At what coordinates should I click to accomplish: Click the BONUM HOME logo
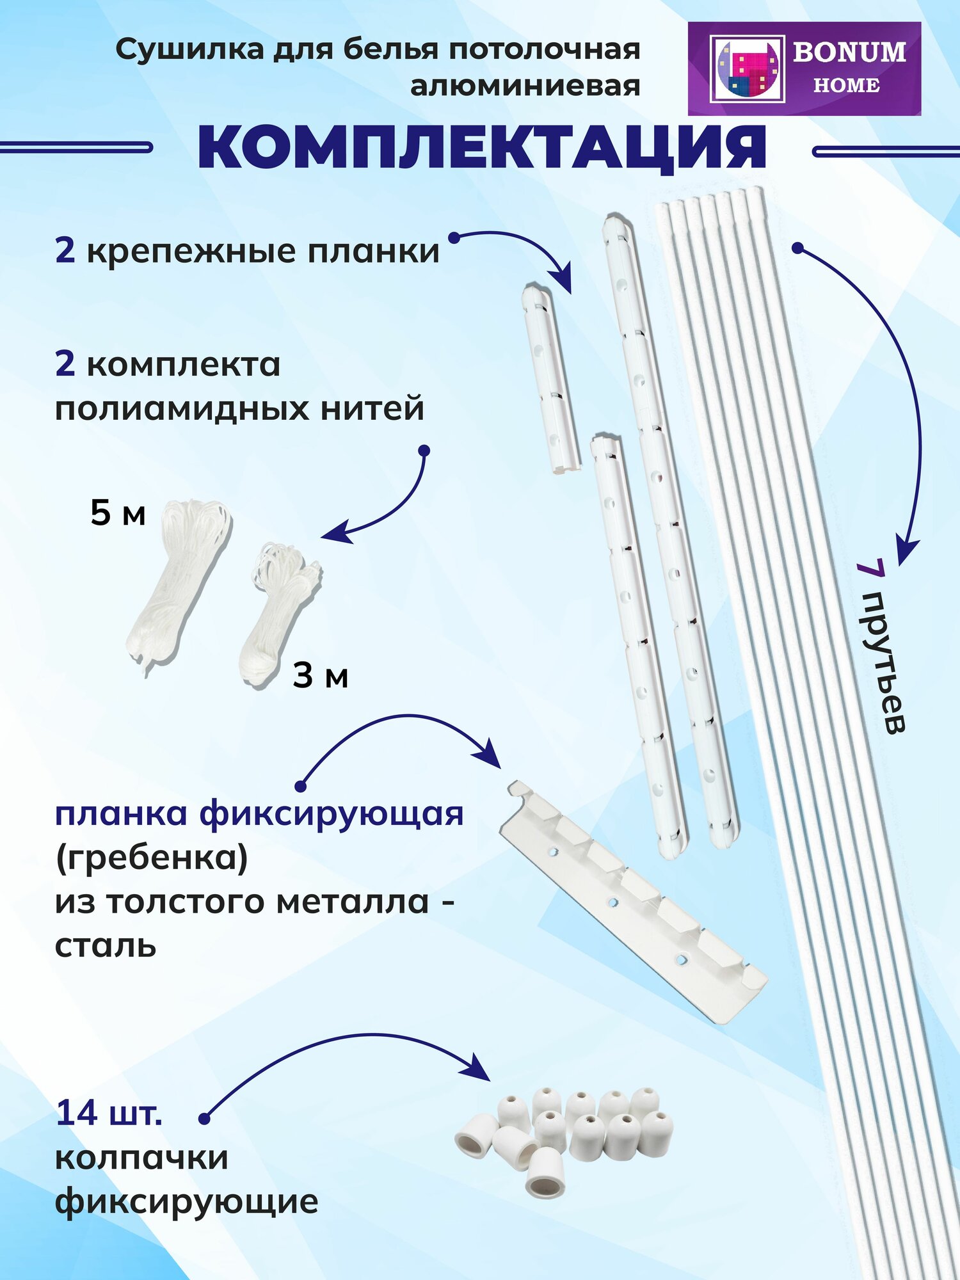804,68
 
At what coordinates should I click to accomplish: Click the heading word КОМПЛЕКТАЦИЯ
481,148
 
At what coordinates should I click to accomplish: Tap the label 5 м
118,513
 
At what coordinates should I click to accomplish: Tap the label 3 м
320,676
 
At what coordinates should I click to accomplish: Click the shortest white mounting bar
550,380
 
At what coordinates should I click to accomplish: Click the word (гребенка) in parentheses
152,858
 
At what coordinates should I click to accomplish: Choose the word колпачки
141,1157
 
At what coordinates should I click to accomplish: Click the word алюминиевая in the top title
525,86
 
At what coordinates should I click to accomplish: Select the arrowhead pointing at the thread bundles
336,534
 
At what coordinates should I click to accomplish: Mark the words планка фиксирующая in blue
259,815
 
